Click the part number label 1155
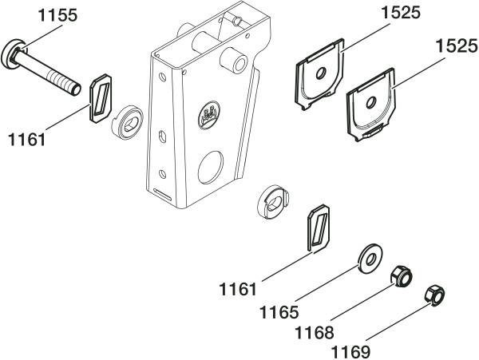[57, 16]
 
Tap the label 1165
[279, 312]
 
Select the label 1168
[314, 333]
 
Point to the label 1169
[350, 352]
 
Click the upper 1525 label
[401, 13]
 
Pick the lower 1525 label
[457, 47]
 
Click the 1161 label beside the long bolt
[27, 140]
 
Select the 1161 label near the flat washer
[238, 289]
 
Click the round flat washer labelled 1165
[370, 259]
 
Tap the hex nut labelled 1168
[402, 277]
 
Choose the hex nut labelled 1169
[434, 295]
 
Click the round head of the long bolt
[11, 54]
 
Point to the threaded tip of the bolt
[76, 89]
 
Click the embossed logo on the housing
[209, 116]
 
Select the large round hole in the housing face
[211, 167]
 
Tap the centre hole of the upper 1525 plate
[321, 73]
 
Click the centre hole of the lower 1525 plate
[371, 103]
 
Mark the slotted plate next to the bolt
[101, 98]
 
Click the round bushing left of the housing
[128, 122]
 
